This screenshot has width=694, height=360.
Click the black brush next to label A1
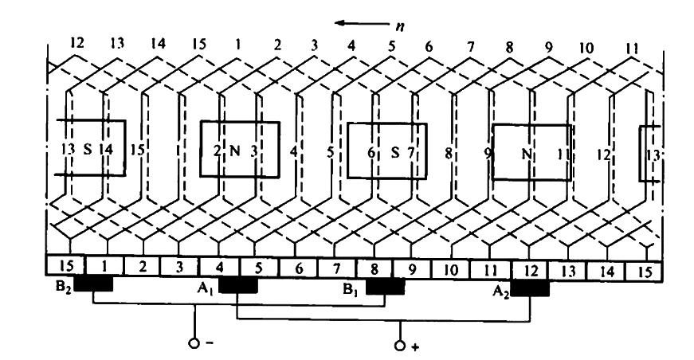[x=237, y=284]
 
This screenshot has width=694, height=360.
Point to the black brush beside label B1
[x=384, y=284]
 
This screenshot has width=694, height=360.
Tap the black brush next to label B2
[x=93, y=284]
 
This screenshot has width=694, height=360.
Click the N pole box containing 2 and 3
[x=239, y=149]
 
